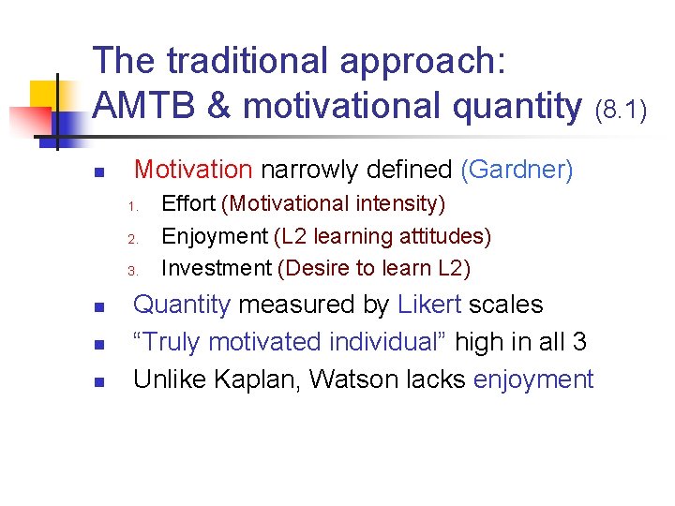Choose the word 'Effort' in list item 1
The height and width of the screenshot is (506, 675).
pyautogui.click(x=188, y=203)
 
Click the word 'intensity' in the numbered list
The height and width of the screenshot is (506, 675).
pyautogui.click(x=399, y=203)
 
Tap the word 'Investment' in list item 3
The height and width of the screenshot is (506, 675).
pyautogui.click(x=217, y=268)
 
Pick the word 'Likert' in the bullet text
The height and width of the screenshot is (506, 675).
pyautogui.click(x=429, y=305)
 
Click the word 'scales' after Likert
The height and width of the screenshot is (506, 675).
pyautogui.click(x=505, y=305)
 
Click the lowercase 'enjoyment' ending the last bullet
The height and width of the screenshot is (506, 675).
pyautogui.click(x=533, y=379)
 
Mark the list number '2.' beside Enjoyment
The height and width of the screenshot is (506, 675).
pyautogui.click(x=133, y=238)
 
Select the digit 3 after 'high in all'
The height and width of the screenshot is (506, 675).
pyautogui.click(x=578, y=342)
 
